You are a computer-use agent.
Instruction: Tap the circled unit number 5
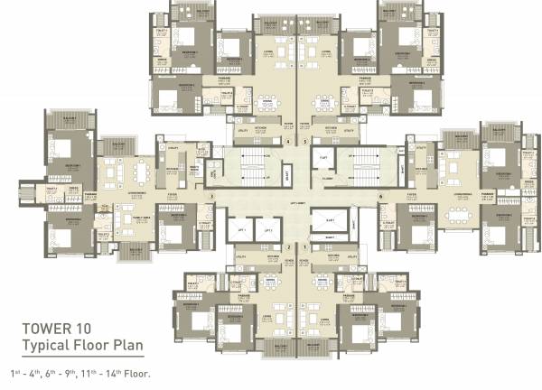click(306, 143)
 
